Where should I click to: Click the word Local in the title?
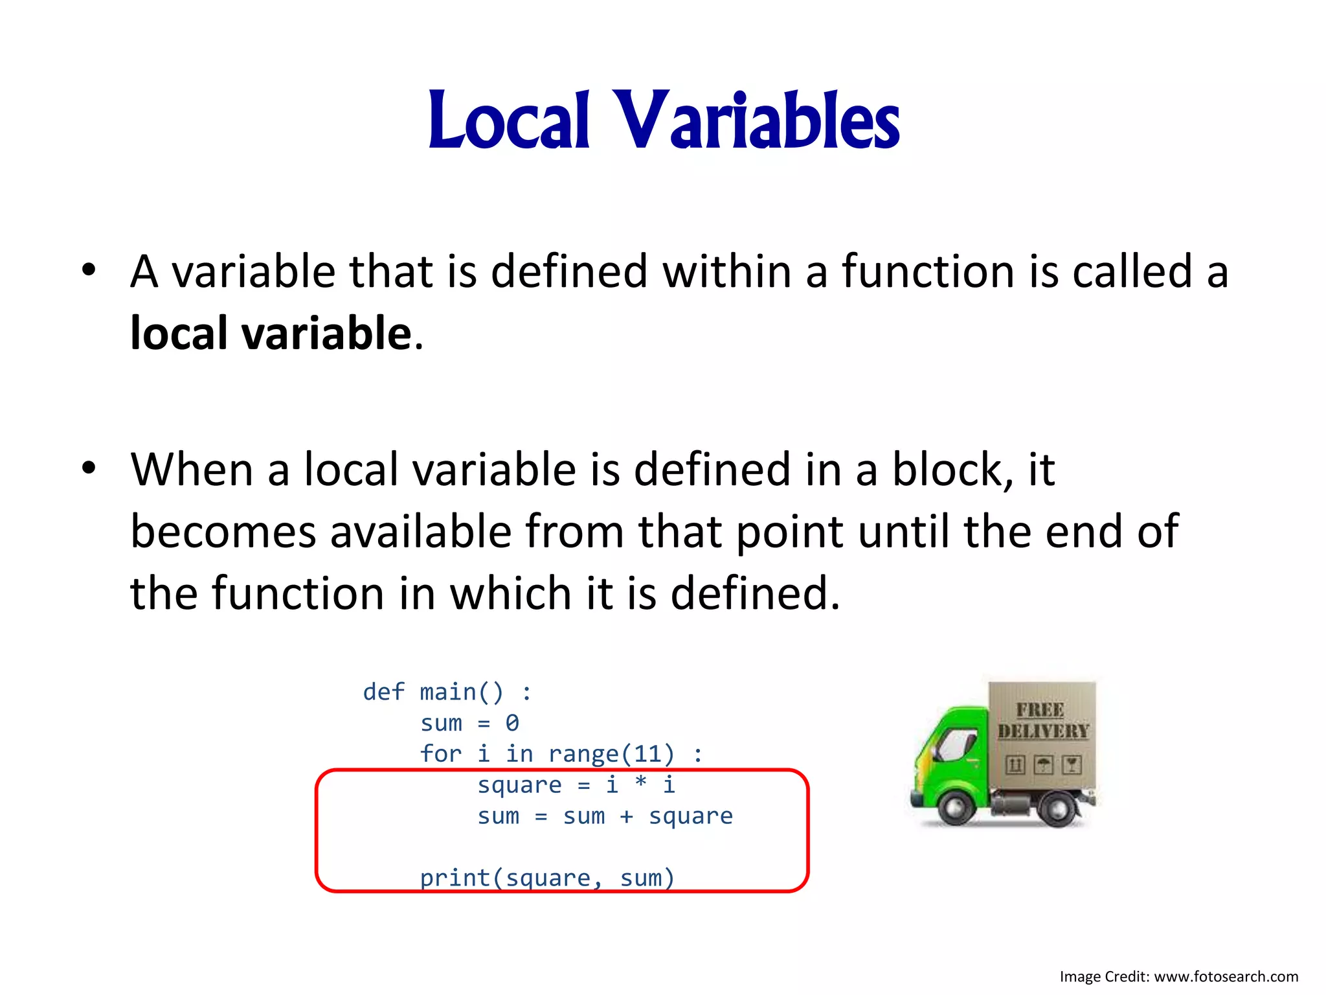(509, 120)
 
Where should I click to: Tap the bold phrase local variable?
(271, 334)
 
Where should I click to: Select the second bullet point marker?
(89, 468)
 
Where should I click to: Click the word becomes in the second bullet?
(224, 531)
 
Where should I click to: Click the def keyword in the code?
(383, 692)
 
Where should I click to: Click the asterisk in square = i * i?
(640, 784)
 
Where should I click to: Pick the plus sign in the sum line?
(626, 816)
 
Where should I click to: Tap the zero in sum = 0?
(512, 723)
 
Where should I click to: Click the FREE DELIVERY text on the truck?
(1042, 720)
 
